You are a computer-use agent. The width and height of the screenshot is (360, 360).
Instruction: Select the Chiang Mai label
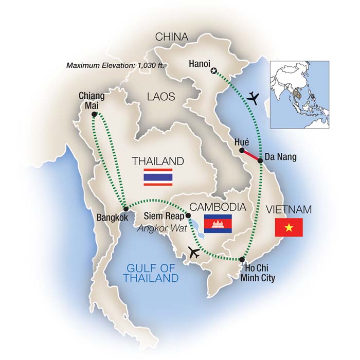click(93, 100)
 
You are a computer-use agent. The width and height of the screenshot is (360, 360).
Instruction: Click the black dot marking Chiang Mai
click(94, 115)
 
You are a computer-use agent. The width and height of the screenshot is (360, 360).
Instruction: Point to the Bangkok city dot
click(125, 208)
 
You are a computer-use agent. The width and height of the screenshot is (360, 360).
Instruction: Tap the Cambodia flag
click(218, 223)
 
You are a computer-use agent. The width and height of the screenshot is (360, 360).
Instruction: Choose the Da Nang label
click(281, 157)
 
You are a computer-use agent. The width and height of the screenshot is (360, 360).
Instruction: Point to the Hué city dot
click(241, 150)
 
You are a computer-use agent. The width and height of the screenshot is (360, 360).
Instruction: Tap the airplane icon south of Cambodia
click(194, 251)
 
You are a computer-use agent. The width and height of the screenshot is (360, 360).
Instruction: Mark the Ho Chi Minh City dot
click(242, 259)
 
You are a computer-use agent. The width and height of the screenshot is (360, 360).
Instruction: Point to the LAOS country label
click(160, 97)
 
